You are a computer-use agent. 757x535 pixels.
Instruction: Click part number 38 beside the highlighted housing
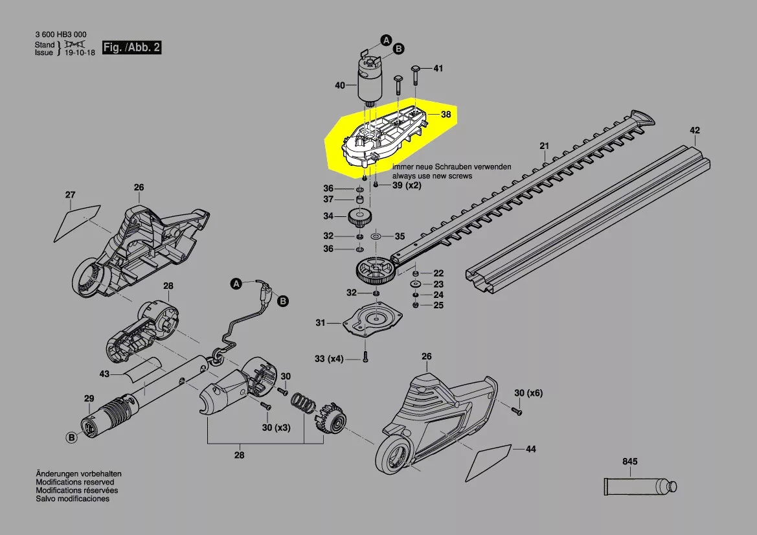[x=446, y=115]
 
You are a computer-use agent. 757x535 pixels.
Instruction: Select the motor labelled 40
[x=368, y=78]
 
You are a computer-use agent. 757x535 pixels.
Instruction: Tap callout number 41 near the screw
[x=438, y=69]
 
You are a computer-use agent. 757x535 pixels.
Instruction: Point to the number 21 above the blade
[x=544, y=145]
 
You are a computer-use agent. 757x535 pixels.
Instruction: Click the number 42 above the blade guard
[x=694, y=130]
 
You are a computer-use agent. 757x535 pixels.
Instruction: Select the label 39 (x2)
[x=407, y=186]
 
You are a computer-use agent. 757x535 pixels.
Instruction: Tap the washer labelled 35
[x=376, y=236]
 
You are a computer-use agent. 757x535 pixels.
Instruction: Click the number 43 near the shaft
[x=104, y=374]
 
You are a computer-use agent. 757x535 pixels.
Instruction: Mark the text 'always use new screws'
[x=432, y=176]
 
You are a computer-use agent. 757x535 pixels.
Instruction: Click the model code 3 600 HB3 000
[x=60, y=34]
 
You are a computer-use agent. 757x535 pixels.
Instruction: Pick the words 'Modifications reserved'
[x=75, y=483]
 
